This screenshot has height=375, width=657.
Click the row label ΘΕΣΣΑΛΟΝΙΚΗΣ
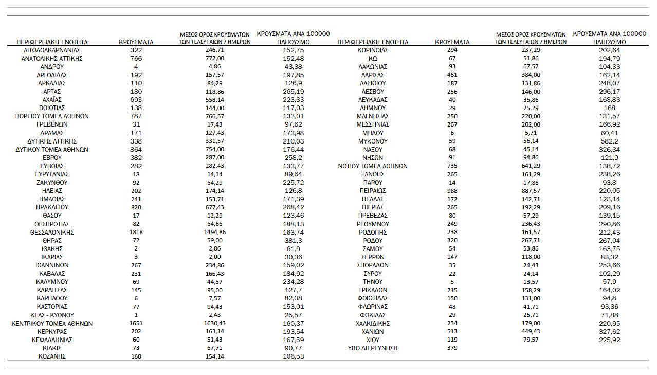[x=52, y=232]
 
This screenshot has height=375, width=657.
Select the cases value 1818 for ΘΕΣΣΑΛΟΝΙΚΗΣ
[x=136, y=232]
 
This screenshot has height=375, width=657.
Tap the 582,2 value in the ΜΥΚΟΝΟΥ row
[x=609, y=141]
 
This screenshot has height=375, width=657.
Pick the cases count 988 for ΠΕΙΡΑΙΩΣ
[x=452, y=191]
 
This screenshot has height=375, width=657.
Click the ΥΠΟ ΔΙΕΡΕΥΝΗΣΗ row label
[x=373, y=348]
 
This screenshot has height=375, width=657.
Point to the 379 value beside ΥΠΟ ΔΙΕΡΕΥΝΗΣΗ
[x=452, y=348]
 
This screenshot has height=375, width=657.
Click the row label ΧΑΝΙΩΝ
[x=373, y=332]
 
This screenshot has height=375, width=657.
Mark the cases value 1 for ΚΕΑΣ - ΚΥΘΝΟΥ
[x=136, y=315]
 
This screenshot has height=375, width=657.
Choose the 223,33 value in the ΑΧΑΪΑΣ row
[x=294, y=100]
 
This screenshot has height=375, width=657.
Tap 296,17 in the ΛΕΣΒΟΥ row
[x=609, y=92]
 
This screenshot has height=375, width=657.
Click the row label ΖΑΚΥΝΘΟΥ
[x=52, y=183]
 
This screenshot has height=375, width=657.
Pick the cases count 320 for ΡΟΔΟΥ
[x=452, y=240]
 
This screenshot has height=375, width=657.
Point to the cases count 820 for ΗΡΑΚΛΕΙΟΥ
[x=136, y=207]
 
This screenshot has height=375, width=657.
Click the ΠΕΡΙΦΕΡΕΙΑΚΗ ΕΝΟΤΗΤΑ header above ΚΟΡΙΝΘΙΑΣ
[x=373, y=42]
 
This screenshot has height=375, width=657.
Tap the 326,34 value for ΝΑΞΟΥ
[x=609, y=149]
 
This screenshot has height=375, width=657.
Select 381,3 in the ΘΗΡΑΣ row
[x=294, y=240]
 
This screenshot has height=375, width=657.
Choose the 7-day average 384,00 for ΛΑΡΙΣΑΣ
[x=531, y=75]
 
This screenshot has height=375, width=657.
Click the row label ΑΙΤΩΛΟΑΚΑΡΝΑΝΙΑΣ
[x=52, y=50]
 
